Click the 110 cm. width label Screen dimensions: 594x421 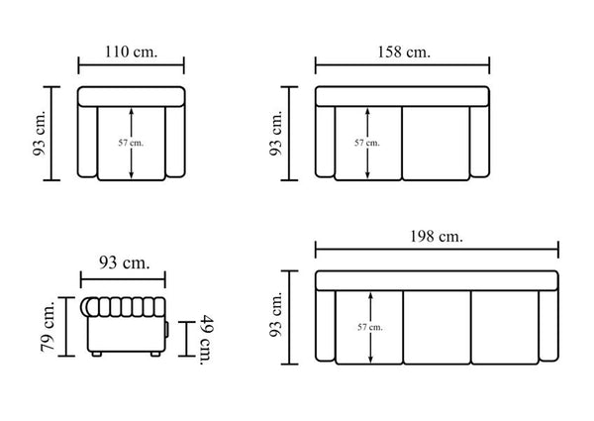coord(131,52)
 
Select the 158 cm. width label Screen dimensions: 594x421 coord(404,52)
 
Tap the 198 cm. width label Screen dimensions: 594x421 coord(437,237)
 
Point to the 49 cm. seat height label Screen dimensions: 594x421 coord(207,340)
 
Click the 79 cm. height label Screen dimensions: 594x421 coord(49,326)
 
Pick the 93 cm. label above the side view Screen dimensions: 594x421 coord(125,263)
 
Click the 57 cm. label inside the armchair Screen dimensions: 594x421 coord(131,143)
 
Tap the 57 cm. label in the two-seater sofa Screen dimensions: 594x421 coord(366,143)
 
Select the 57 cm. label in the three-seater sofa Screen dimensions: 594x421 coord(369,327)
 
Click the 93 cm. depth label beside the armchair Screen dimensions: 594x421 coord(39,133)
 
